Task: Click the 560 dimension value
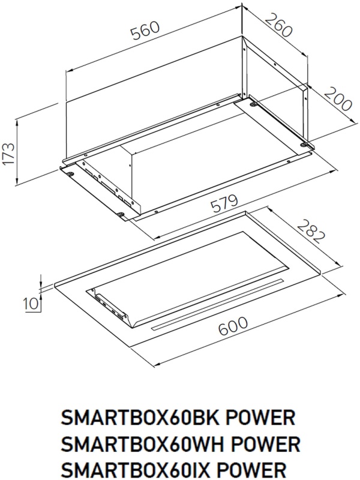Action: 145,31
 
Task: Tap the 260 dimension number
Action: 278,25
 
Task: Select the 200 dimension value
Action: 337,98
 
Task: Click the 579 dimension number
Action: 224,205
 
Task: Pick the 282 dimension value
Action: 310,232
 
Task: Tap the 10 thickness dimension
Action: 32,304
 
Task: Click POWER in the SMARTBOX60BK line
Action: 260,418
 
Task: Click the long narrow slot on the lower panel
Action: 218,304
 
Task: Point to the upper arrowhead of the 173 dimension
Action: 17,122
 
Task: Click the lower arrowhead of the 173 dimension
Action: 17,181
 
